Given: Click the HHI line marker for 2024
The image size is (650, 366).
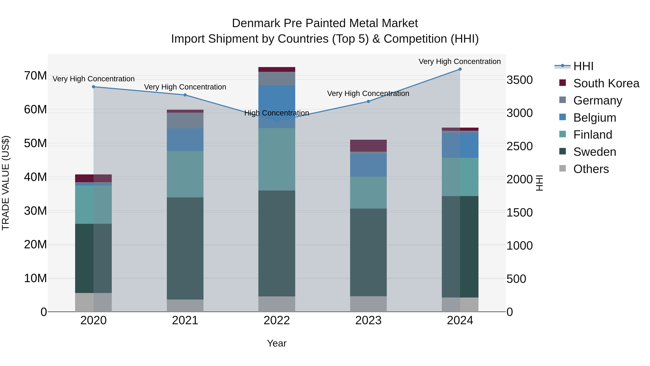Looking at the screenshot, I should click(x=460, y=69).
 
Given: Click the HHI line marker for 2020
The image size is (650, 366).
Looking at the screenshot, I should click(x=93, y=87).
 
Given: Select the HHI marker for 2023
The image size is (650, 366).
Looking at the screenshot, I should click(x=368, y=101).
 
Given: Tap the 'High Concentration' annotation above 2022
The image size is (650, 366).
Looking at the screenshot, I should click(x=277, y=113).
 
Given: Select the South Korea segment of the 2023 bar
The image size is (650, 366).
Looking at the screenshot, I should click(x=368, y=145).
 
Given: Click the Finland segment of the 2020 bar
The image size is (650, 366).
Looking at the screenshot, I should click(x=93, y=204).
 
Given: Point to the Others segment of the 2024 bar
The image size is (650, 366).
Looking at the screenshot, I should click(x=460, y=304).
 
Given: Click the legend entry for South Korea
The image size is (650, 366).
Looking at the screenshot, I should click(x=606, y=83).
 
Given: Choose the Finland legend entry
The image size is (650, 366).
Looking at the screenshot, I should click(x=592, y=135).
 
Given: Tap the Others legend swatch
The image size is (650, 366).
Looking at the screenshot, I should click(x=562, y=168).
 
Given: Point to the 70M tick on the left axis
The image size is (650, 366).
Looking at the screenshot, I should click(x=35, y=76).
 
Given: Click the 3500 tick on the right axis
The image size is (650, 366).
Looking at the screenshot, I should click(x=519, y=80).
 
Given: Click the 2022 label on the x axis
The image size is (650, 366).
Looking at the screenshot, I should click(x=277, y=320).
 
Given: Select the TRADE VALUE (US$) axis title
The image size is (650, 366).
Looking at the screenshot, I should click(x=6, y=183).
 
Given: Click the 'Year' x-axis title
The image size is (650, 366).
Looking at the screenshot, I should click(x=277, y=343).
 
